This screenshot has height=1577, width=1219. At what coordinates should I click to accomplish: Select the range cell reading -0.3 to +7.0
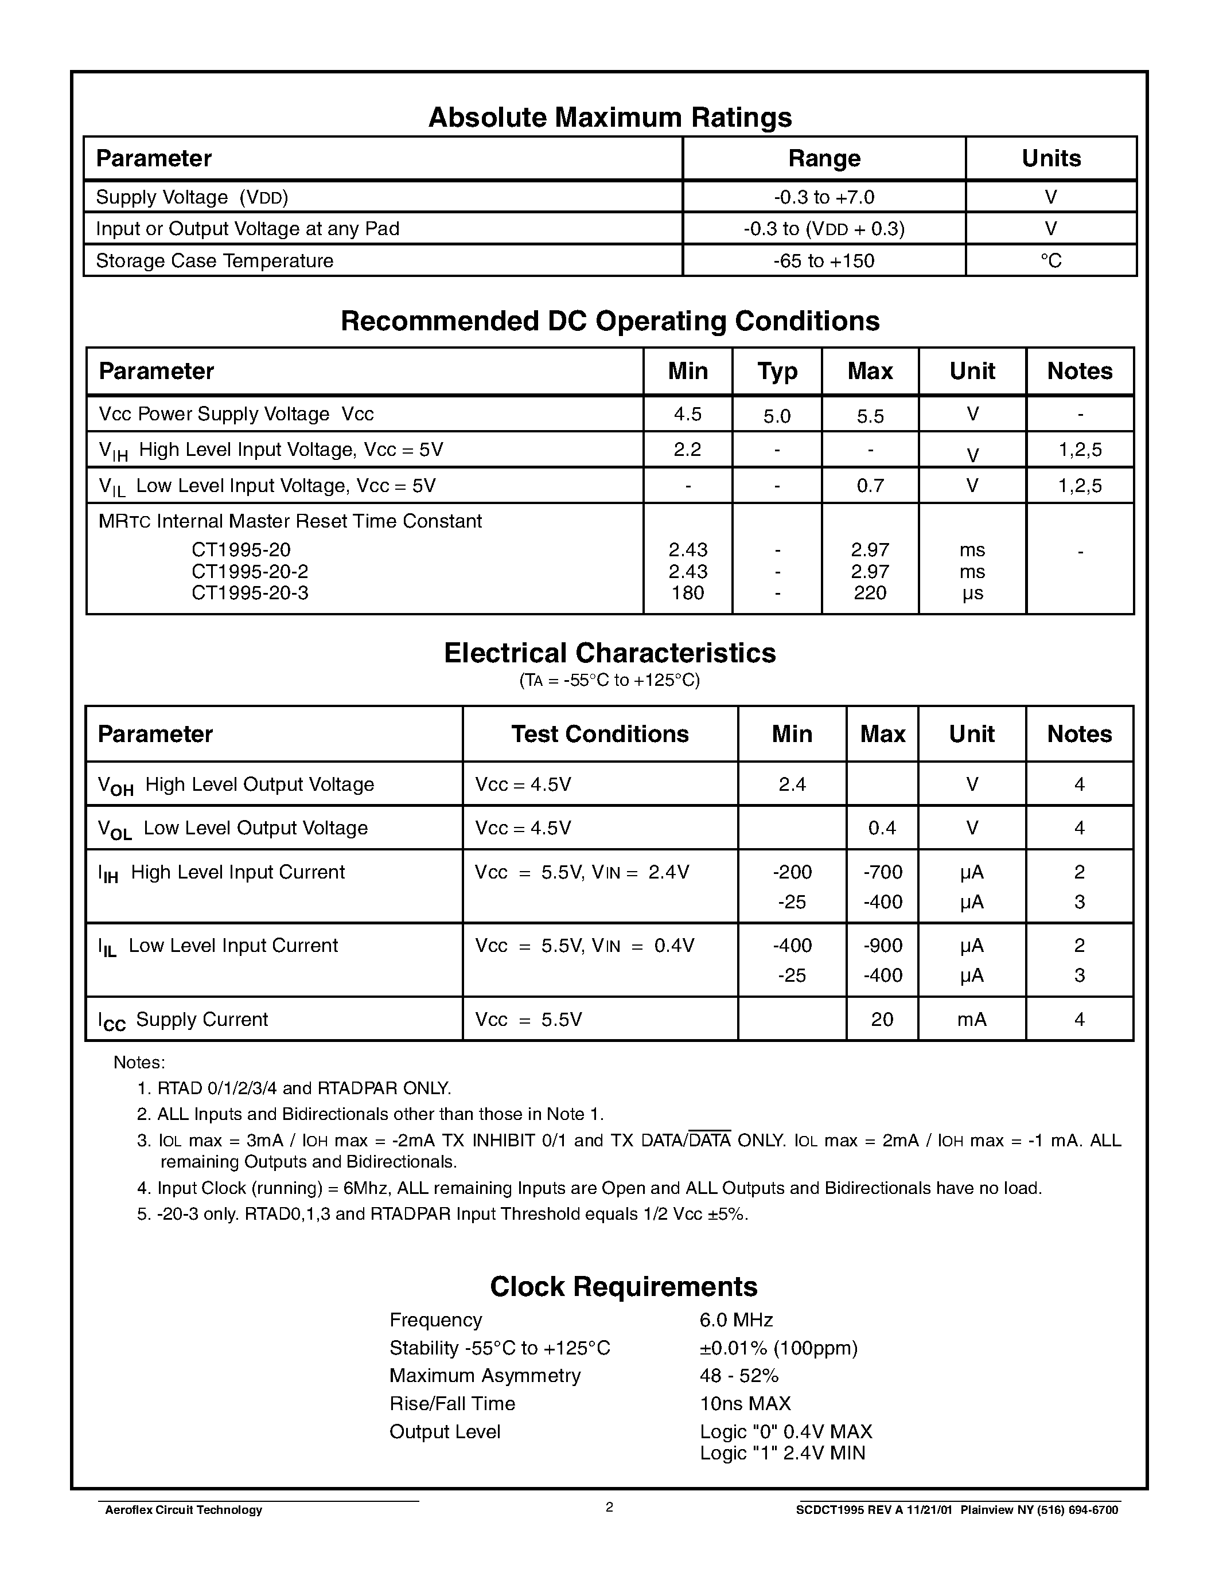tap(823, 197)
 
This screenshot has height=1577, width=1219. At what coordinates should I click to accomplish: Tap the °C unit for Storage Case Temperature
tap(1051, 261)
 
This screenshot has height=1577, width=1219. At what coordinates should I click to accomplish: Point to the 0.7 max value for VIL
tap(870, 486)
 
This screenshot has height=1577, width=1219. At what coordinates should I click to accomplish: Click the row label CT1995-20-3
tap(250, 593)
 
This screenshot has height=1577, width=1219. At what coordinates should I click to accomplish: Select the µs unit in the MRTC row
tap(972, 594)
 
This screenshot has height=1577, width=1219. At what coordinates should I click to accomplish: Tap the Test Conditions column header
tap(599, 735)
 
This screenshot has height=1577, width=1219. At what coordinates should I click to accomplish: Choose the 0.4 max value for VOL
tap(882, 828)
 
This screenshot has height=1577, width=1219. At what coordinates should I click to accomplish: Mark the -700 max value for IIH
tap(882, 872)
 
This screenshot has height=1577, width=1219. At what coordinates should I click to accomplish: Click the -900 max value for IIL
tap(882, 946)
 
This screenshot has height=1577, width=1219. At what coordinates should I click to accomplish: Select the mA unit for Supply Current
tap(971, 1020)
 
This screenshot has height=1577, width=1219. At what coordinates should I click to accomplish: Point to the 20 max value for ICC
tap(882, 1020)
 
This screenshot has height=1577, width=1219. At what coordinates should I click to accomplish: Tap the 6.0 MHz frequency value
tap(736, 1320)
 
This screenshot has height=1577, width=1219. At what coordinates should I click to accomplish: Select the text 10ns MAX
tap(745, 1404)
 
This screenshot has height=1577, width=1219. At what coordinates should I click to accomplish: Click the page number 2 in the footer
tap(609, 1507)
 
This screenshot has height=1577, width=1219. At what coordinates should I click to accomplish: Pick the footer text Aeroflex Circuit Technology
tap(184, 1510)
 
